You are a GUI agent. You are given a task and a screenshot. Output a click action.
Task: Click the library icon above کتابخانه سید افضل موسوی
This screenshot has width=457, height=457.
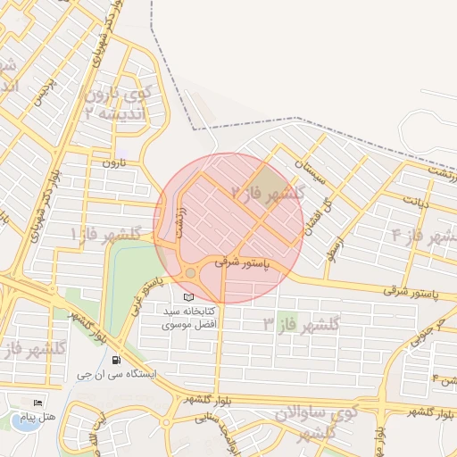pyautogui.click(x=187, y=296)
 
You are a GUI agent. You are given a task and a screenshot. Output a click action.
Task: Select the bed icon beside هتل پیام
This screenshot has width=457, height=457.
pyautogui.click(x=37, y=403)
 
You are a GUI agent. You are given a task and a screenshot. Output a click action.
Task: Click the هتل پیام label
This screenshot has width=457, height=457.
pyautogui.click(x=63, y=417)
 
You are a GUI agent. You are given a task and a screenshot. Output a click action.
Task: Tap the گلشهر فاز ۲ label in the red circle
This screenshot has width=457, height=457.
pyautogui.click(x=268, y=192)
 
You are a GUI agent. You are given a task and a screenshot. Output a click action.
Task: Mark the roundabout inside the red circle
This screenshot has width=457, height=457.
pyautogui.click(x=190, y=272)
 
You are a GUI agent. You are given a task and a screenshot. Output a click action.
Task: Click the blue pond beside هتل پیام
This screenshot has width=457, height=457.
pyautogui.click(x=29, y=422)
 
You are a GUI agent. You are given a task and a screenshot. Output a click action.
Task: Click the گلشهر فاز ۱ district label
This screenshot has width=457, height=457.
pyautogui.click(x=107, y=234)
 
